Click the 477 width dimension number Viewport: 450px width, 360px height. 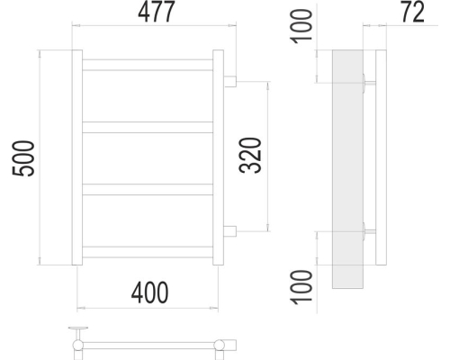click(x=156, y=12)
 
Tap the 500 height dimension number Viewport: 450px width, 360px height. click(x=23, y=158)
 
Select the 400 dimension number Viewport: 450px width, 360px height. click(x=149, y=292)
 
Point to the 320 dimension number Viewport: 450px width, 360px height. click(x=250, y=156)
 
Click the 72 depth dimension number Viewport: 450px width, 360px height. click(x=413, y=12)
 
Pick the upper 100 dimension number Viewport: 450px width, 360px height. click(x=302, y=26)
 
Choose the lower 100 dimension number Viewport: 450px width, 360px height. click(x=302, y=287)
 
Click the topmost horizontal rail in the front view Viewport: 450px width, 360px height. click(x=148, y=65)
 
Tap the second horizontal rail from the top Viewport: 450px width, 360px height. click(x=148, y=127)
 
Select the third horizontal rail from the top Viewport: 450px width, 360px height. click(x=148, y=189)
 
